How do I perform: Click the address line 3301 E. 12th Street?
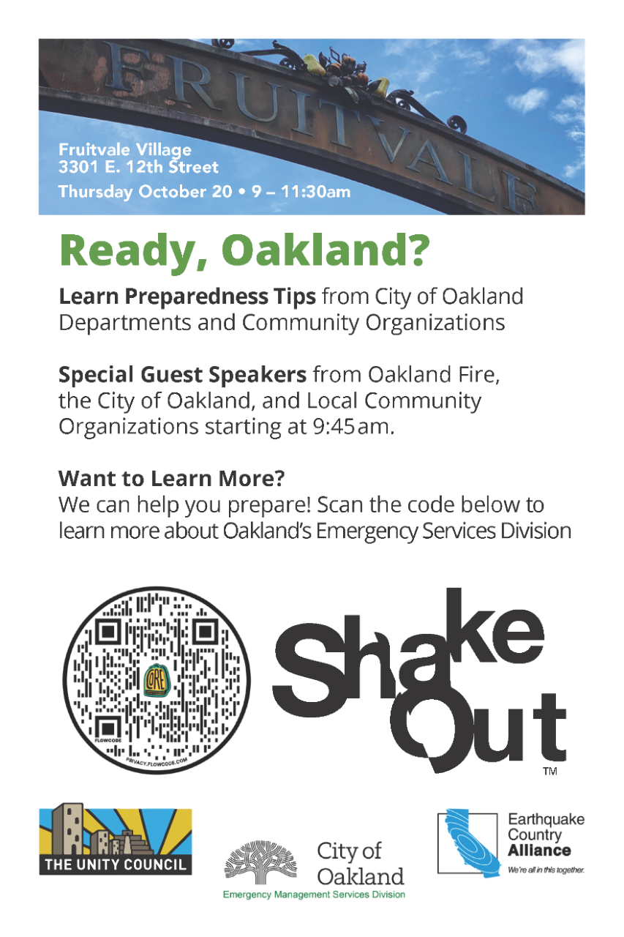tap(138, 168)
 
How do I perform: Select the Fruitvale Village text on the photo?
tap(125, 150)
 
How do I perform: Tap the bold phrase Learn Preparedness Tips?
tap(187, 297)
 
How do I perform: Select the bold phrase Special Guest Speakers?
tap(182, 376)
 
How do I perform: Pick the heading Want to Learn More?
tap(171, 479)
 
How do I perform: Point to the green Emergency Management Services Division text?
tap(314, 895)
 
